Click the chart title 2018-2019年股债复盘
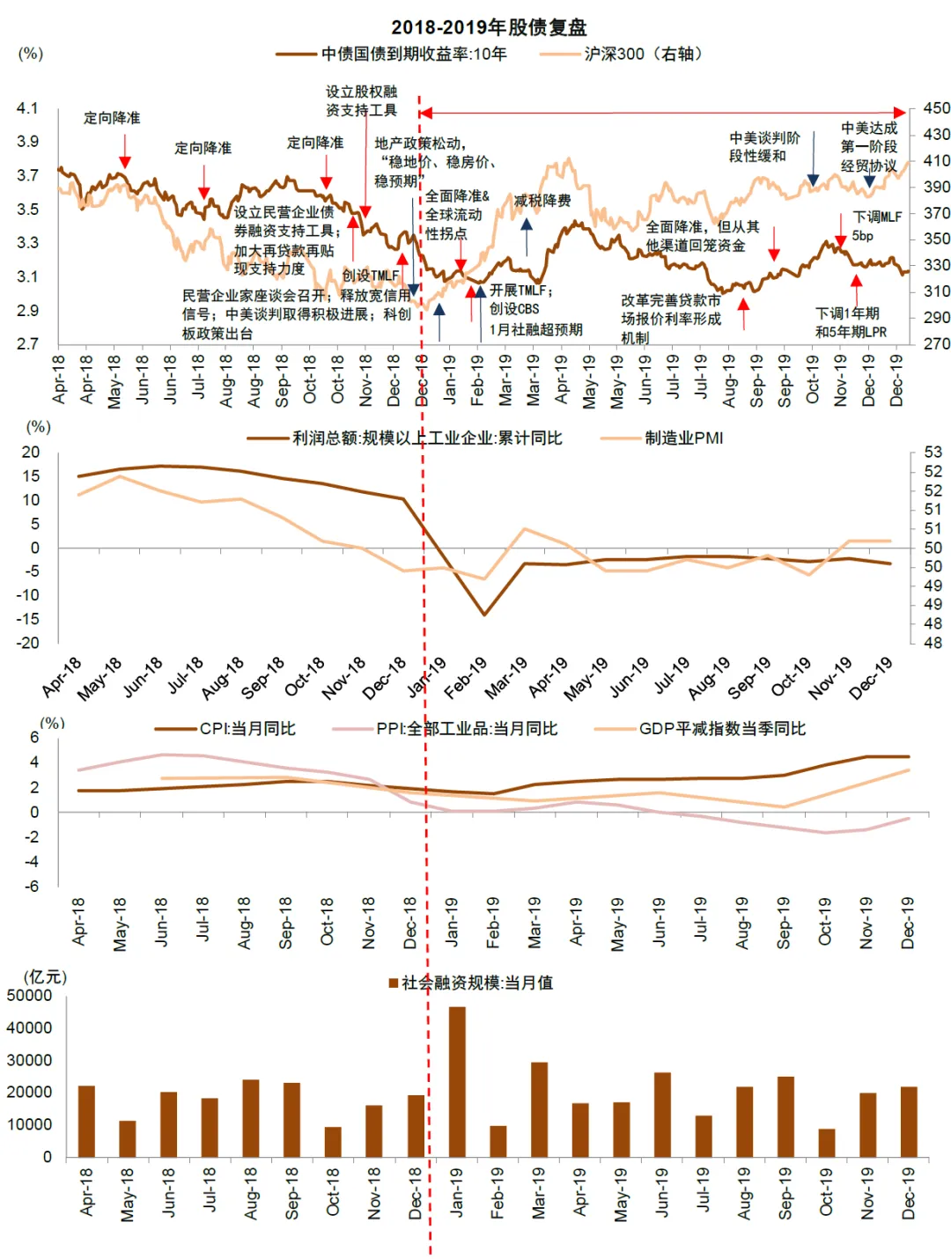489,27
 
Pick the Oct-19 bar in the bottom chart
826,1142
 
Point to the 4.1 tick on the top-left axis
27,108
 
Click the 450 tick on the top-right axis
936,108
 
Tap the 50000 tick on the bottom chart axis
30,996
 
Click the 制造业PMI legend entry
683,438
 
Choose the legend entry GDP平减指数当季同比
722,729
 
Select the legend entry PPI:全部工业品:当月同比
467,729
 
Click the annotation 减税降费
542,201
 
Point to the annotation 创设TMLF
371,276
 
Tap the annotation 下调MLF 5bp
876,225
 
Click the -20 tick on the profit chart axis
31,643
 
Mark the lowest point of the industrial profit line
483,615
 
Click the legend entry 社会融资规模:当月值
476,983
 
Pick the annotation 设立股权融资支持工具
361,100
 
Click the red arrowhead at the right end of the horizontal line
900,113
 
